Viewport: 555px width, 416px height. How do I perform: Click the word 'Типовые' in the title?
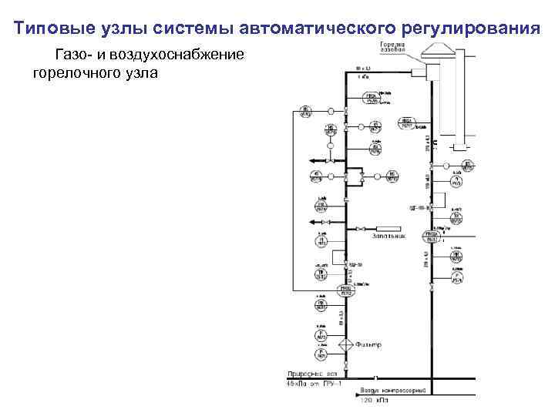pyautogui.click(x=49, y=29)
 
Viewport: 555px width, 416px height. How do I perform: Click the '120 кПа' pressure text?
pyautogui.click(x=374, y=401)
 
